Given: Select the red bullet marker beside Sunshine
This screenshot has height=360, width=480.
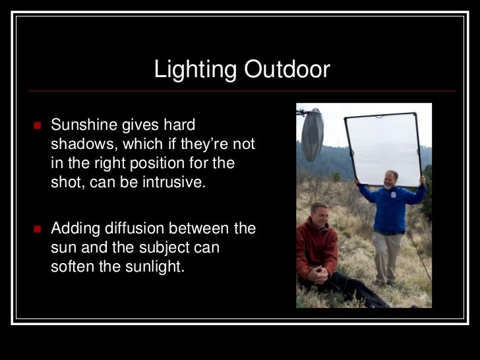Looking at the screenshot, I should click(38, 125).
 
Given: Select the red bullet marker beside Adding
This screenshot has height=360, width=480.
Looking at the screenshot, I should click(38, 229).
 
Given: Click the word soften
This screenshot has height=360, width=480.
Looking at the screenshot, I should click(72, 268).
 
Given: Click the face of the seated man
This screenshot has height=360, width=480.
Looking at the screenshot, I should click(318, 215).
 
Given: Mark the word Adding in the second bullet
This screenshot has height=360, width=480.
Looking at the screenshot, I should click(73, 229).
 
